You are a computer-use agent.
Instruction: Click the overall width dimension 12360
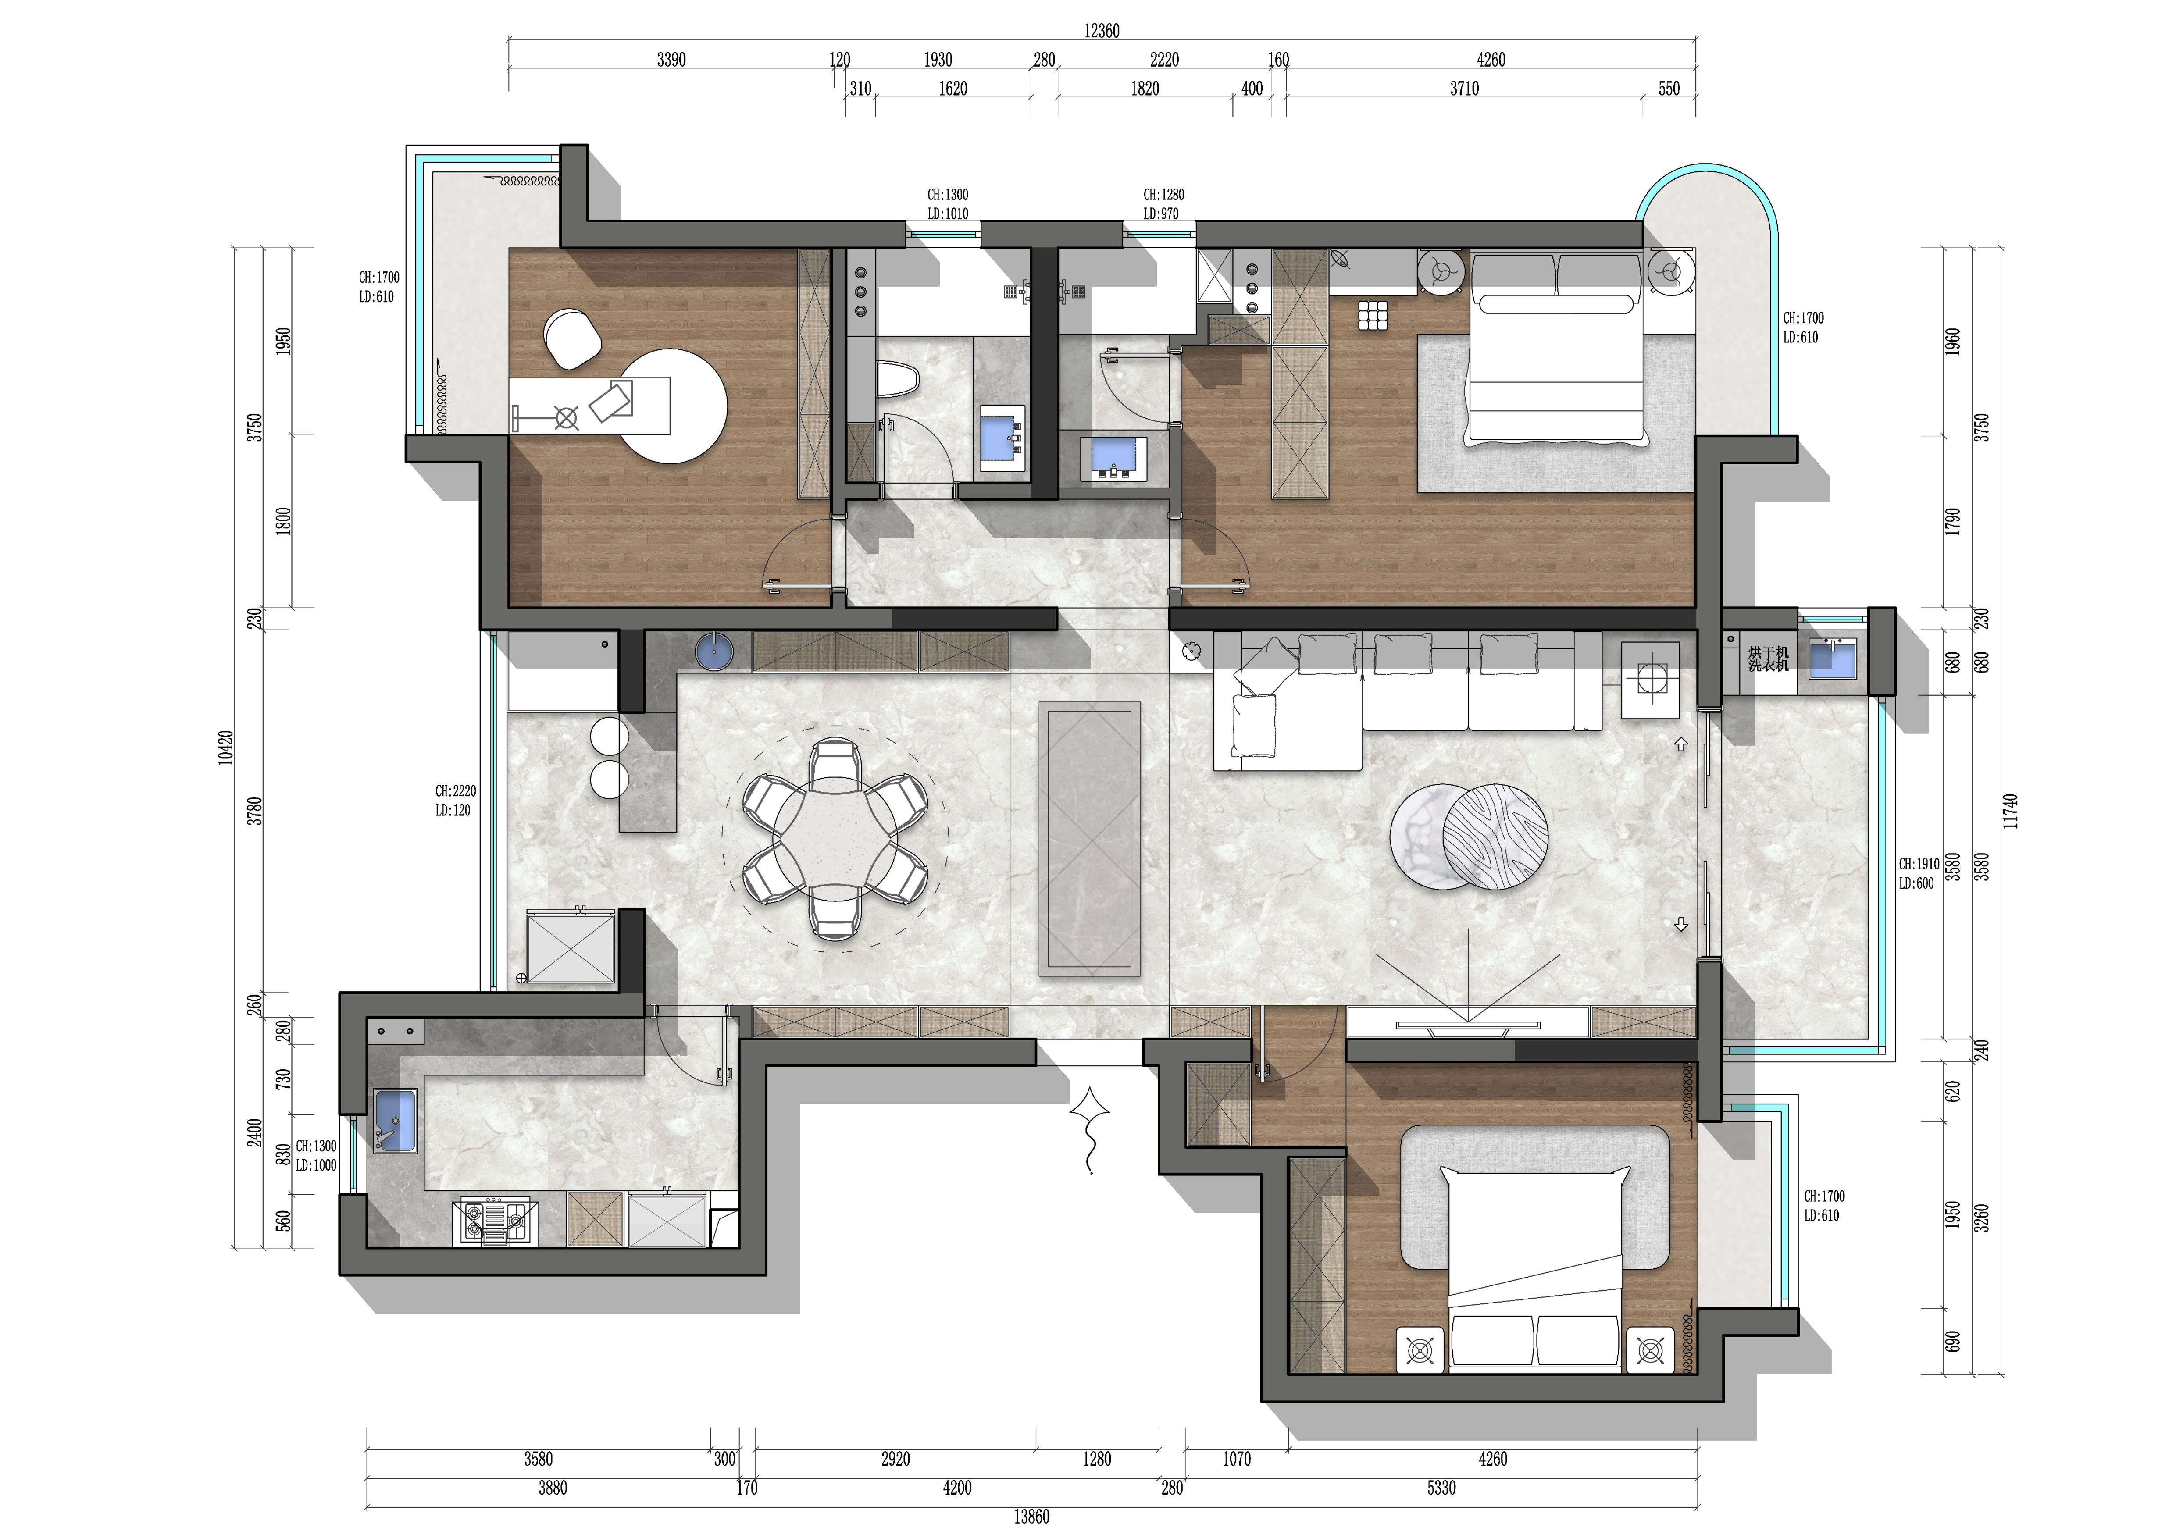1101,31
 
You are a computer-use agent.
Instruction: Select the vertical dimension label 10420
225,747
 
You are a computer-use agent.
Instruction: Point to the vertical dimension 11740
2011,811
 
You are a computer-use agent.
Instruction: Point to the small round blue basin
713,653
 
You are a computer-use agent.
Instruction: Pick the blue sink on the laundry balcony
1833,659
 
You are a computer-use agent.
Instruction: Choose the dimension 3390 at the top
671,60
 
